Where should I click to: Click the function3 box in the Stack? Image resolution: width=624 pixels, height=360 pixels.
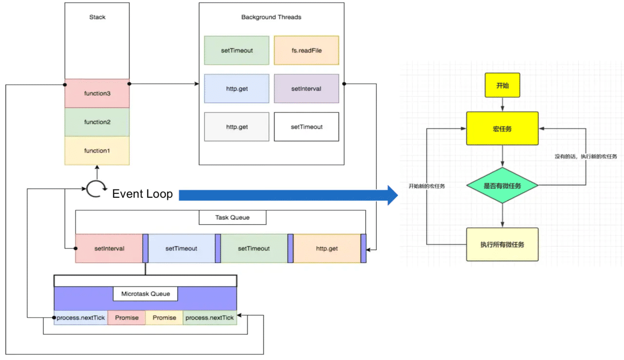97,93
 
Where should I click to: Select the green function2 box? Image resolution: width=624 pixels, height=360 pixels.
97,122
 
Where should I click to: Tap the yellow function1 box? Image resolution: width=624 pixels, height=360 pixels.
97,151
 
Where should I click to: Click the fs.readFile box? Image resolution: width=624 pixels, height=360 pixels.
306,50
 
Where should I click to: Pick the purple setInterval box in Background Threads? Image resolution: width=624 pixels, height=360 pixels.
306,89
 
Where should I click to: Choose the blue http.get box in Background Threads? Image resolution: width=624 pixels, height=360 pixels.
236,89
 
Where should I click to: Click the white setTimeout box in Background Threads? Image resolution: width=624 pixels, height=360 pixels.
306,127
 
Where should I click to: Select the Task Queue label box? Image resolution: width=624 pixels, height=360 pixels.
233,217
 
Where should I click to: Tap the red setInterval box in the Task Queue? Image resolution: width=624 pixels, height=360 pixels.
109,248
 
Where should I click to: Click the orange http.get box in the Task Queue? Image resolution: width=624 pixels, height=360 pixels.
327,248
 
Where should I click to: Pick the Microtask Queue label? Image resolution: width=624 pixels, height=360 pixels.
145,294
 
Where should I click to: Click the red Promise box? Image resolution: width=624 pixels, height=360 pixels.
126,318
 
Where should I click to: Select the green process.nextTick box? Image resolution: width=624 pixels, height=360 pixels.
210,318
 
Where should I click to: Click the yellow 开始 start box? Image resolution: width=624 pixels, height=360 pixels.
502,85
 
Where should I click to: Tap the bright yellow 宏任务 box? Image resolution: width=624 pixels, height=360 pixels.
502,129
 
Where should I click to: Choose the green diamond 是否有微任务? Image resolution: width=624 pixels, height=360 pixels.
502,186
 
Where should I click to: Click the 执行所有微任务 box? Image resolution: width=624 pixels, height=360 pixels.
502,244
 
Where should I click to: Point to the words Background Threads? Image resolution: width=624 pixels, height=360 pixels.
271,17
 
